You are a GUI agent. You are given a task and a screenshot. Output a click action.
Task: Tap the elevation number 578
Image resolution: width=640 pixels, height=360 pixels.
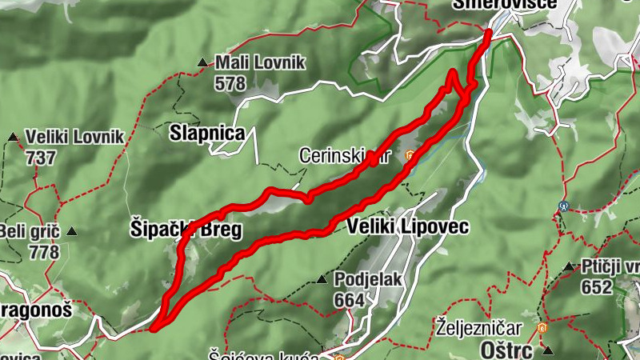(x=230, y=82)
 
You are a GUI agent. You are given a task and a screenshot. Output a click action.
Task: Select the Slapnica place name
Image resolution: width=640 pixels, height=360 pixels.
(x=207, y=134)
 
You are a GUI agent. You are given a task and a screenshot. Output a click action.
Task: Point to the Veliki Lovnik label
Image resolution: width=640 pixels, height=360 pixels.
(x=74, y=137)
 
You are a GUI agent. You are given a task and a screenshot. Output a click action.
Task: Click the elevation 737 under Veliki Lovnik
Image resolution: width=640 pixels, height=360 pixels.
(x=41, y=158)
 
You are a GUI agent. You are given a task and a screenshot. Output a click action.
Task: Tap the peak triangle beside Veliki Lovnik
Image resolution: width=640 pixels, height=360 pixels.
(x=14, y=138)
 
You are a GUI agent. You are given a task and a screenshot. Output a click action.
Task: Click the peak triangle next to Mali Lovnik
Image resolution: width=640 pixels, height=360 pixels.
(x=203, y=62)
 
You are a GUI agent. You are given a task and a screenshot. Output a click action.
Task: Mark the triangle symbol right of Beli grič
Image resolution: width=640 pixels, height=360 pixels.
(x=72, y=232)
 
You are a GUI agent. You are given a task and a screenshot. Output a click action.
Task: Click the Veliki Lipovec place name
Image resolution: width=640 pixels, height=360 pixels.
(x=407, y=227)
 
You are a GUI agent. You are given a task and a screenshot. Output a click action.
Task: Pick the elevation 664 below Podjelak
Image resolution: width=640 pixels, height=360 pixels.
(x=350, y=300)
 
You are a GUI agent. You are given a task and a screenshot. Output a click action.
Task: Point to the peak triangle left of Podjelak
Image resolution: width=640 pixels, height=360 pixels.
(x=321, y=280)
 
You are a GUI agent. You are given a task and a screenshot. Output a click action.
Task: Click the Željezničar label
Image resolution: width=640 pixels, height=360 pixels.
(x=479, y=328)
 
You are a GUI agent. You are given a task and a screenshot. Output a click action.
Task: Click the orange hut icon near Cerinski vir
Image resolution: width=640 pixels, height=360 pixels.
(x=410, y=156)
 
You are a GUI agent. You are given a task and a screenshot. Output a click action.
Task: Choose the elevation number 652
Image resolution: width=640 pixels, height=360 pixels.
(x=597, y=287)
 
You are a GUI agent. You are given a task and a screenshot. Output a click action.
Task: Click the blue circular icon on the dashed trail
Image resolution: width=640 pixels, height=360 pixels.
(x=564, y=206)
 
